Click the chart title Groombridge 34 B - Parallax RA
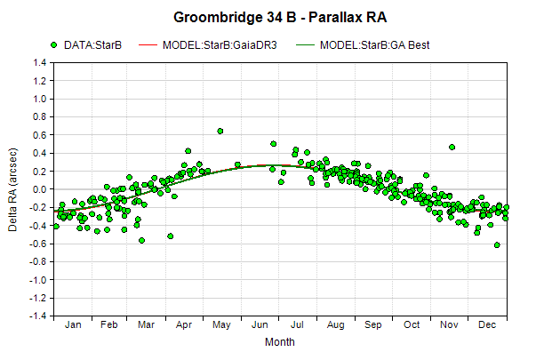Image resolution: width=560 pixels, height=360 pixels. click(280, 17)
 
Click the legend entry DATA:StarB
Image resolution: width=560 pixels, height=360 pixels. click(86, 45)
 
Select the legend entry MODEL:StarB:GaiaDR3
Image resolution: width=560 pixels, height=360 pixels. click(207, 45)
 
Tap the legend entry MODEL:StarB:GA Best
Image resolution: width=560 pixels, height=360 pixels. click(363, 45)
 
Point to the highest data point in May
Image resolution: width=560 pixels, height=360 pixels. click(220, 131)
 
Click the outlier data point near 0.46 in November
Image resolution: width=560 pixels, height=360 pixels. click(452, 148)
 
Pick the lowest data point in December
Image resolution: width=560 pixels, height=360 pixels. click(497, 245)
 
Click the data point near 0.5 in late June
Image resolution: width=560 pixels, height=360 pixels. click(273, 144)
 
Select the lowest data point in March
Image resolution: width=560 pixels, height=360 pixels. click(142, 241)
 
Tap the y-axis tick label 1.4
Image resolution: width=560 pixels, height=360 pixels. click(40, 63)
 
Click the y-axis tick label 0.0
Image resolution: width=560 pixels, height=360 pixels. click(40, 189)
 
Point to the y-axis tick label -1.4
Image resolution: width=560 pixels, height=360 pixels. click(38, 316)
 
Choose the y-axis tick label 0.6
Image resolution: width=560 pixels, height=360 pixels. click(40, 135)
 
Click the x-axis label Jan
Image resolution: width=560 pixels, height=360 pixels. click(73, 324)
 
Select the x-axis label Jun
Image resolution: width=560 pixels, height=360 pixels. click(260, 324)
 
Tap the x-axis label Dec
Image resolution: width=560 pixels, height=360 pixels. click(487, 324)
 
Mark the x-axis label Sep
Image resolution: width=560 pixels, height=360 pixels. click(372, 324)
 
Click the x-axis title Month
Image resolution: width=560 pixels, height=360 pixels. click(280, 342)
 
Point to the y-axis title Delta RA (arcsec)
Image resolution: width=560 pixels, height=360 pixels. click(12, 190)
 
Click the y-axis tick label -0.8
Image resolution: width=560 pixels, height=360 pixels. click(38, 262)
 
